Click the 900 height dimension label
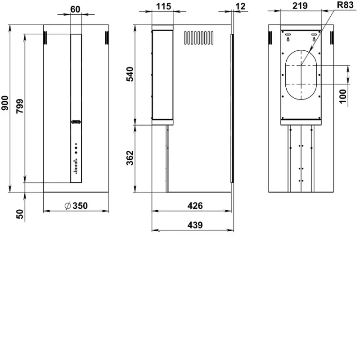click(x=5, y=103)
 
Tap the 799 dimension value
click(x=20, y=106)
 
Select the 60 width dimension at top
click(x=75, y=9)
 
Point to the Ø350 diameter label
click(x=76, y=206)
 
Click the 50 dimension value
click(x=20, y=214)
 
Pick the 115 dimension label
click(x=163, y=6)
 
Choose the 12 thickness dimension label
click(x=241, y=6)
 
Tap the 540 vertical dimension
click(x=130, y=74)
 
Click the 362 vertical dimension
click(x=130, y=158)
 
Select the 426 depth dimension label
click(x=195, y=206)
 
